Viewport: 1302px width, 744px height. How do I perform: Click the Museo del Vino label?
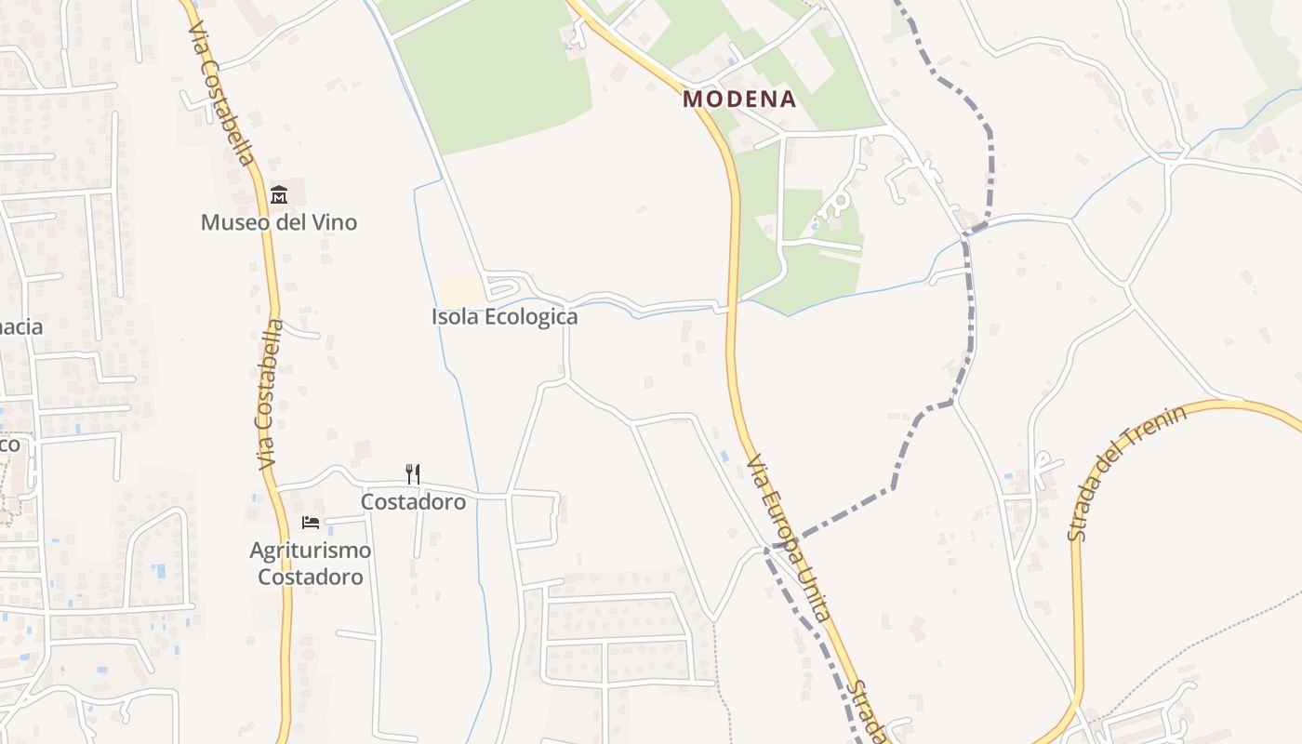pyautogui.click(x=279, y=223)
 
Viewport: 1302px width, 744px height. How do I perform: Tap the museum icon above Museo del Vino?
pyautogui.click(x=279, y=195)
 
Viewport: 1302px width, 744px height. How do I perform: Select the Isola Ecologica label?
pyautogui.click(x=504, y=317)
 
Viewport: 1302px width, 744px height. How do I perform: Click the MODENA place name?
pyautogui.click(x=739, y=100)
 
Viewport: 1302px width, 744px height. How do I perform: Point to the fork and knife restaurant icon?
pyautogui.click(x=413, y=474)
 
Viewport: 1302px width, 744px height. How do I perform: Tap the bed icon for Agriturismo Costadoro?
pyautogui.click(x=311, y=523)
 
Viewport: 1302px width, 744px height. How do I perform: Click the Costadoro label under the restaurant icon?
pyautogui.click(x=413, y=502)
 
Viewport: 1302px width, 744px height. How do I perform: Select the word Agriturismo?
pyautogui.click(x=311, y=551)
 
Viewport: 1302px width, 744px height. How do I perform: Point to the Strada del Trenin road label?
pyautogui.click(x=1126, y=472)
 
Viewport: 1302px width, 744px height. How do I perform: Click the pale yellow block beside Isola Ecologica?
pyautogui.click(x=460, y=291)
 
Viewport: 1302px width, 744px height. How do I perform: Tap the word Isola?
pyautogui.click(x=452, y=317)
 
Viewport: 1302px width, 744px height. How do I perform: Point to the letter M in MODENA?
pyautogui.click(x=692, y=100)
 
